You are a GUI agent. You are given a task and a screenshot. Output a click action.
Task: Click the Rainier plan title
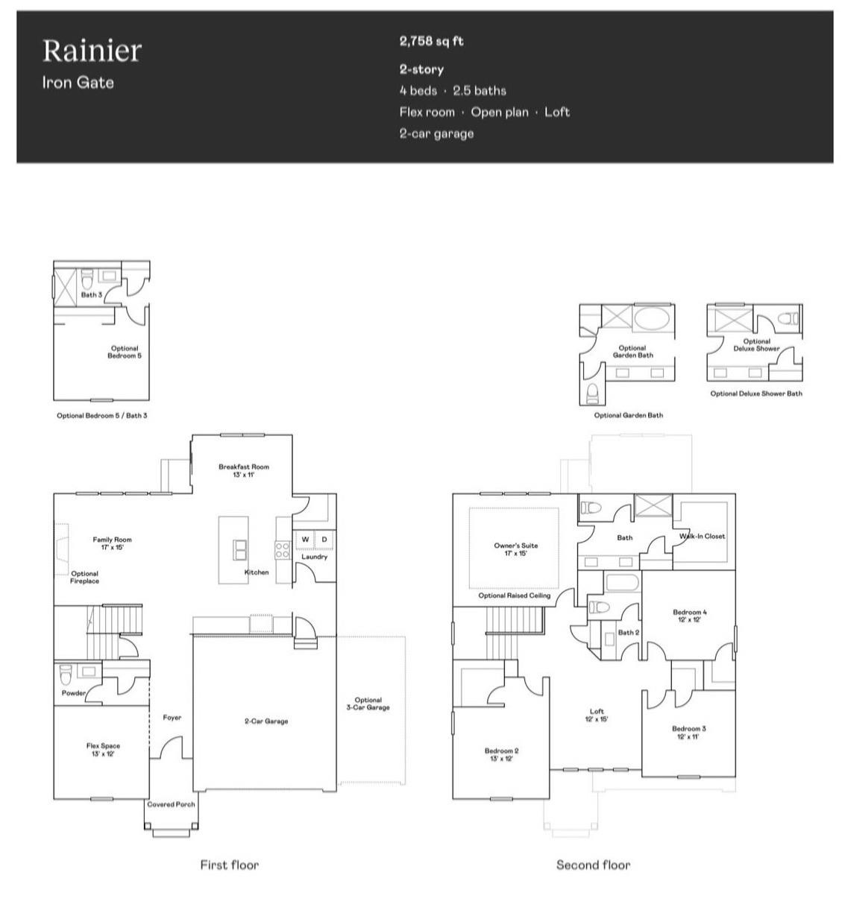coord(92,51)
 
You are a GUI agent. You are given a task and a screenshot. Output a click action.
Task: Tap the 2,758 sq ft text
coord(431,41)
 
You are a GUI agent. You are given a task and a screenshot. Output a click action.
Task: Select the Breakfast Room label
coord(244,470)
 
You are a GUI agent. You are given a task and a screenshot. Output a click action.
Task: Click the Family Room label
coord(112,543)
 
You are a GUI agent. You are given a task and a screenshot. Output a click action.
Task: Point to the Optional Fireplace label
coord(84,578)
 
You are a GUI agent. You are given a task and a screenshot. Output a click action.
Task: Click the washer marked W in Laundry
coord(305,540)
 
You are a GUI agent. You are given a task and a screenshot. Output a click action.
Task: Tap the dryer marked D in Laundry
coord(324,540)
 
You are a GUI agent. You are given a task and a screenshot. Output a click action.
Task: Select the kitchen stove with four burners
coord(282,550)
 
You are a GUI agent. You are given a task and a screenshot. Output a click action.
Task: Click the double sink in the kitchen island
coord(240,549)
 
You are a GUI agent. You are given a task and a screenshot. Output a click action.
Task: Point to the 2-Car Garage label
coord(266,721)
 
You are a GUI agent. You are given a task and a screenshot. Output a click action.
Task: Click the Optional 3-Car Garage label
coord(368,704)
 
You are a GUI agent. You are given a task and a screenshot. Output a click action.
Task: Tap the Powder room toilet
coord(66,675)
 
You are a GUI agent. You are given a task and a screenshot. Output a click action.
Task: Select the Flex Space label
coord(103,749)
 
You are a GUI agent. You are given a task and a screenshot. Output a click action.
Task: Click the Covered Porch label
coord(171,804)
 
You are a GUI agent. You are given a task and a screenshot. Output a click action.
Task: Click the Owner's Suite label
coord(515,549)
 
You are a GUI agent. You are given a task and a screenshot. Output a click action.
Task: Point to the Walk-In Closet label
coord(702,536)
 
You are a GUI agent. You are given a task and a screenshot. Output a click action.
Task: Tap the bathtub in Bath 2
coord(622,582)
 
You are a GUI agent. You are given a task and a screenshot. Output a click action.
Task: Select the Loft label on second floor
coord(597,715)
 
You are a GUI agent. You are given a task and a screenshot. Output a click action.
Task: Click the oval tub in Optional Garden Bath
coord(653,318)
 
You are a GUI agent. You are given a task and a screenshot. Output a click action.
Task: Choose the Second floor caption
coord(593,865)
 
